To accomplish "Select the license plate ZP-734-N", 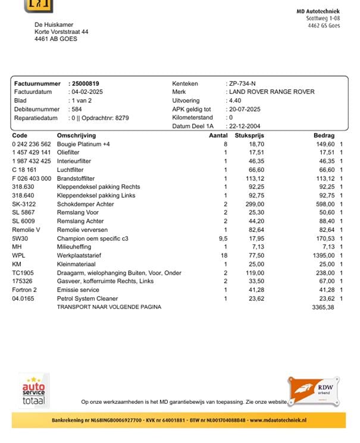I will [x=242, y=84].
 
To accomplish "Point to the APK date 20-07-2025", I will [x=245, y=109].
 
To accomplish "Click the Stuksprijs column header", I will [x=249, y=136].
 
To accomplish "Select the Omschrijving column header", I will [x=76, y=136].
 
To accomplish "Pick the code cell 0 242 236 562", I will [x=32, y=144].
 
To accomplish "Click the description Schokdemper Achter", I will [x=84, y=204].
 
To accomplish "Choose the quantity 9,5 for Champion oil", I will [x=223, y=238].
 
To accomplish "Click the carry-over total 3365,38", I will [x=323, y=307].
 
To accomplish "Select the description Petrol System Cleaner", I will [x=87, y=299].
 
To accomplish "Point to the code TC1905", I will [x=23, y=273].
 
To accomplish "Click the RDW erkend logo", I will [x=314, y=390].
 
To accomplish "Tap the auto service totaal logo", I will [x=34, y=391].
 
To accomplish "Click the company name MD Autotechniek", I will [x=318, y=11].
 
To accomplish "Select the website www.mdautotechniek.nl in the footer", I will [x=277, y=420].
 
